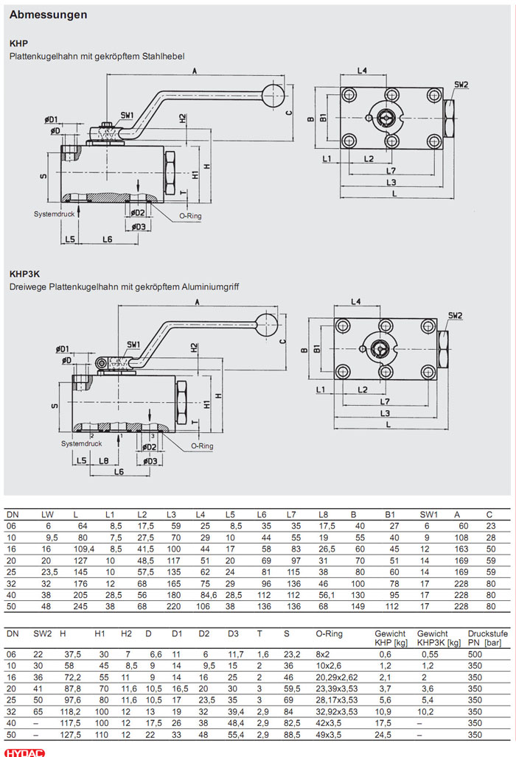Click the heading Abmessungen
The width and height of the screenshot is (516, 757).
[x=48, y=14]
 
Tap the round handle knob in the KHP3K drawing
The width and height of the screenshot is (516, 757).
[x=266, y=321]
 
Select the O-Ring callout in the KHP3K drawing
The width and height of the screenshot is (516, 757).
[x=202, y=446]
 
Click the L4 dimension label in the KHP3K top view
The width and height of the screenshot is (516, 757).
[x=355, y=302]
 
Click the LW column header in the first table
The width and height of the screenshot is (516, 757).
[x=47, y=513]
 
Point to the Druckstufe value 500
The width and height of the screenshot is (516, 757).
[x=475, y=654]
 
